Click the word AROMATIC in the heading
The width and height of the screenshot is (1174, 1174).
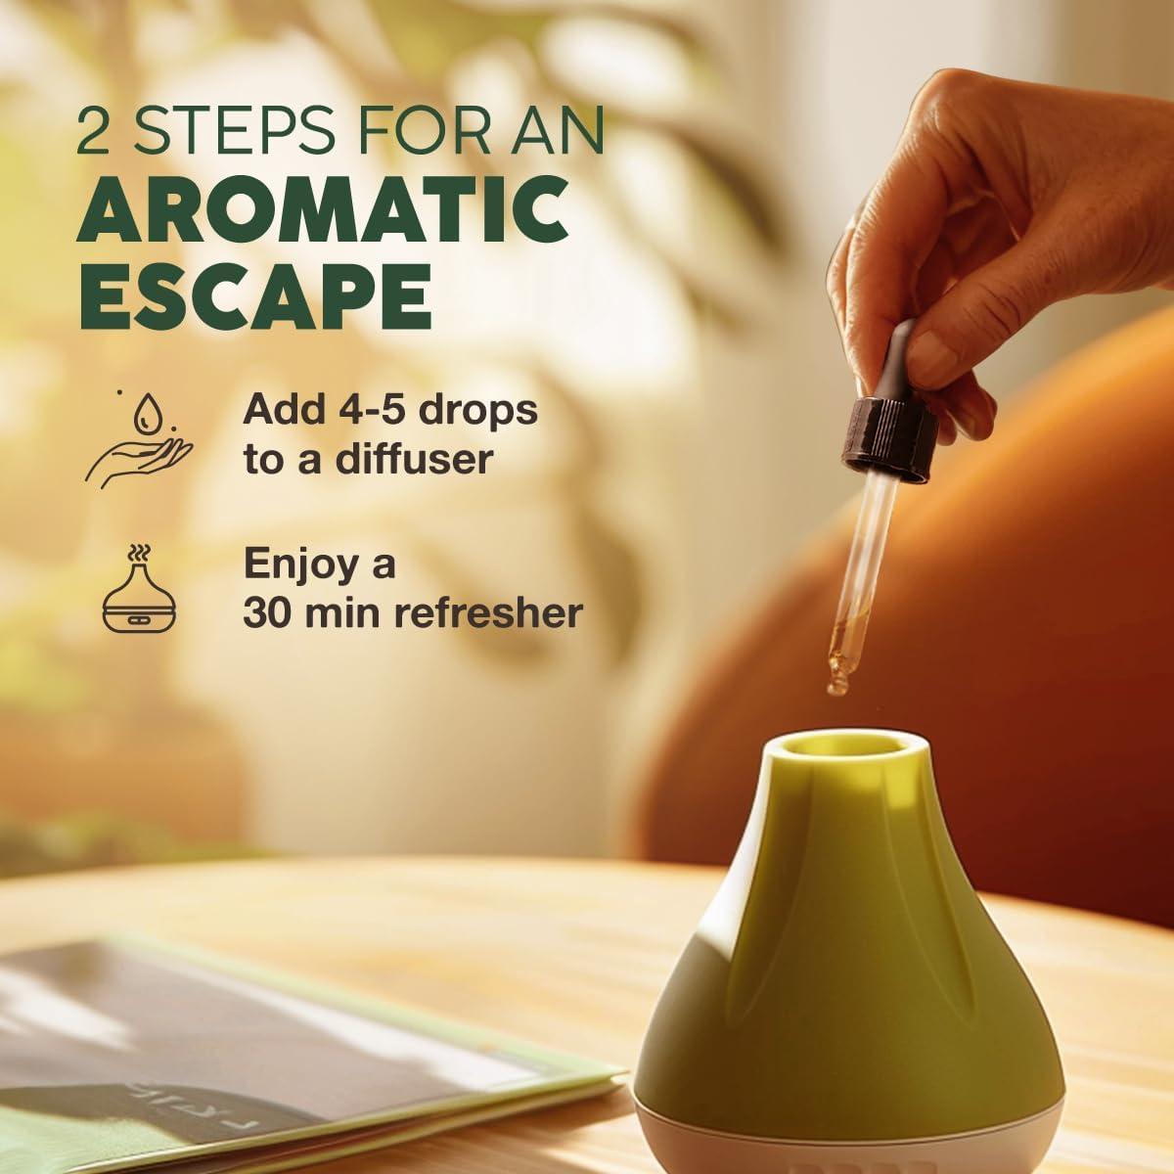[x=323, y=211]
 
